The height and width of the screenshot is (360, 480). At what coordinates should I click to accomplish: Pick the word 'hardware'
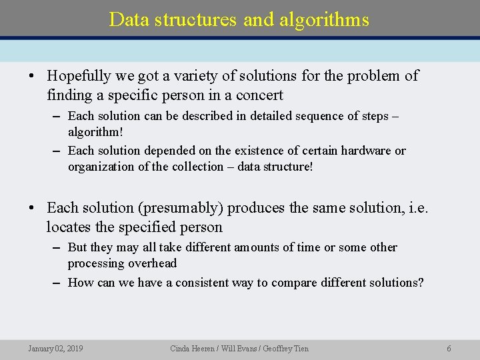point(365,151)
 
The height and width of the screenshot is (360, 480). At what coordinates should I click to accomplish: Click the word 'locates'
point(71,227)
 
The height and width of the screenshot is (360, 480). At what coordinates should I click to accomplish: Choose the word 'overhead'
point(153,263)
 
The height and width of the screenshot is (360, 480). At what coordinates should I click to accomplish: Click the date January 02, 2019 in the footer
point(55,349)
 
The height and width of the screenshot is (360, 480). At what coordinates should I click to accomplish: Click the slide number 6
point(449,349)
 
